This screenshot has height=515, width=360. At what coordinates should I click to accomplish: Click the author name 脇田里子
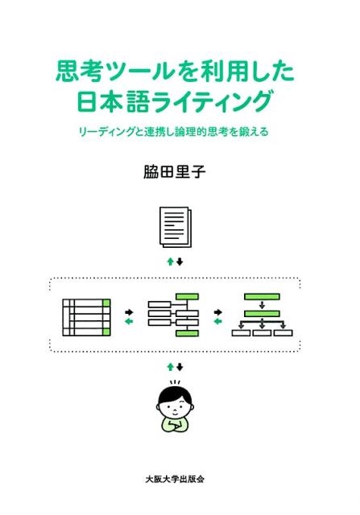point(174,171)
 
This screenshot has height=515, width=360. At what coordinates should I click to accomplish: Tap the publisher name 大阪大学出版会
point(175,479)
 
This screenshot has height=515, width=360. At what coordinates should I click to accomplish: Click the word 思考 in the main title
point(78,72)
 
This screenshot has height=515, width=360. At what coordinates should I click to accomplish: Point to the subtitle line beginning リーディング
point(174,131)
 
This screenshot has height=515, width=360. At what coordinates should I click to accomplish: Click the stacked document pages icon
point(176,227)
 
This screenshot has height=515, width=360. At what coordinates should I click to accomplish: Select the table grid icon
point(86,317)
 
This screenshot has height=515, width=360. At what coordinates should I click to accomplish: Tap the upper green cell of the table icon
point(106,303)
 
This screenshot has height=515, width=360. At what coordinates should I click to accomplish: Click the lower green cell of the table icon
point(106,332)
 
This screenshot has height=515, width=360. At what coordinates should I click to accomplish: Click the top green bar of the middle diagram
point(187,297)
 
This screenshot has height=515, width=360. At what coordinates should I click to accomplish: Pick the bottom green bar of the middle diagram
point(187,333)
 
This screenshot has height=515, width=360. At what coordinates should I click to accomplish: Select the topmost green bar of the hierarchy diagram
point(262,297)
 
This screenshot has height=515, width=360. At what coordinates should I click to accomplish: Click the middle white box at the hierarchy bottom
point(262,332)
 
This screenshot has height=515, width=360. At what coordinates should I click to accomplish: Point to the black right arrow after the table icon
point(129,311)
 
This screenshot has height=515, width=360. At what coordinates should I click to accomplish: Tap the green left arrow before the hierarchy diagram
point(218,321)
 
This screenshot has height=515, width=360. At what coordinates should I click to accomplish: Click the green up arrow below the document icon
point(170,262)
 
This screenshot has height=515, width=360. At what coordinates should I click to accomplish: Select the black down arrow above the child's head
point(180,367)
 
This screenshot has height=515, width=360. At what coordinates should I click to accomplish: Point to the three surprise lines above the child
point(175,382)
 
